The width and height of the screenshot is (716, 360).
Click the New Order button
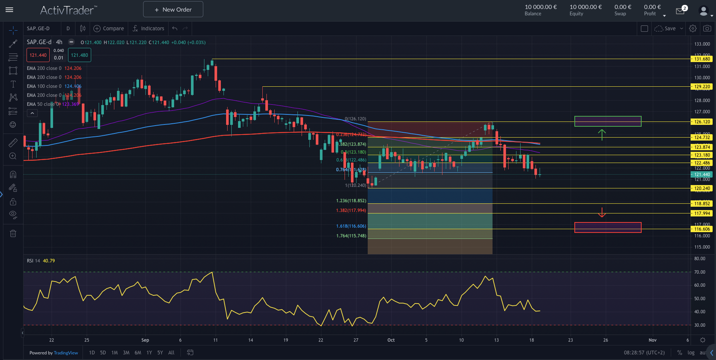pyautogui.click(x=173, y=9)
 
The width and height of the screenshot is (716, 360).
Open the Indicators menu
pyautogui.click(x=148, y=28)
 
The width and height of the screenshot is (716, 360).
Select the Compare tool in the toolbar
pyautogui.click(x=109, y=28)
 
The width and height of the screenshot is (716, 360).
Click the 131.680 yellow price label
pyautogui.click(x=702, y=59)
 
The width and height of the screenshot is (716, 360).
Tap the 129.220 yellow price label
pyautogui.click(x=702, y=87)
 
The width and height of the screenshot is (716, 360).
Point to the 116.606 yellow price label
pyautogui.click(x=702, y=229)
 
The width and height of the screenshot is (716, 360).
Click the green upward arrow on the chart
pyautogui.click(x=602, y=135)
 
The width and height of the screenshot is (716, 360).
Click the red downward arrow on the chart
pyautogui.click(x=602, y=212)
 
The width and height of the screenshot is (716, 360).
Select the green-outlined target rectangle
pyautogui.click(x=608, y=121)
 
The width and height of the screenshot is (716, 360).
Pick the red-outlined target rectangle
pyautogui.click(x=608, y=227)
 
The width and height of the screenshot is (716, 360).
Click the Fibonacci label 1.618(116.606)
pyautogui.click(x=351, y=226)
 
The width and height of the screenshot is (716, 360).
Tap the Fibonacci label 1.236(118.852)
pyautogui.click(x=351, y=201)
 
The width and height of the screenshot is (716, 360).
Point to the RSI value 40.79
pyautogui.click(x=49, y=261)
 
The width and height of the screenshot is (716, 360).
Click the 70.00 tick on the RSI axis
pyautogui.click(x=700, y=272)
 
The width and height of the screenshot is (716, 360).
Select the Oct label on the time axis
pyautogui.click(x=391, y=340)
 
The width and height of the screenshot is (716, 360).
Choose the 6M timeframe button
pyautogui.click(x=138, y=353)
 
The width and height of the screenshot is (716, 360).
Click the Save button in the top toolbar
pyautogui.click(x=670, y=28)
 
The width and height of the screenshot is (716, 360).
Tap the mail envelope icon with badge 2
pyautogui.click(x=680, y=11)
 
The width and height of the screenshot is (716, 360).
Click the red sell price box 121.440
pyautogui.click(x=38, y=55)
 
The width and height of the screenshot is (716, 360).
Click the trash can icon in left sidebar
pyautogui.click(x=13, y=234)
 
